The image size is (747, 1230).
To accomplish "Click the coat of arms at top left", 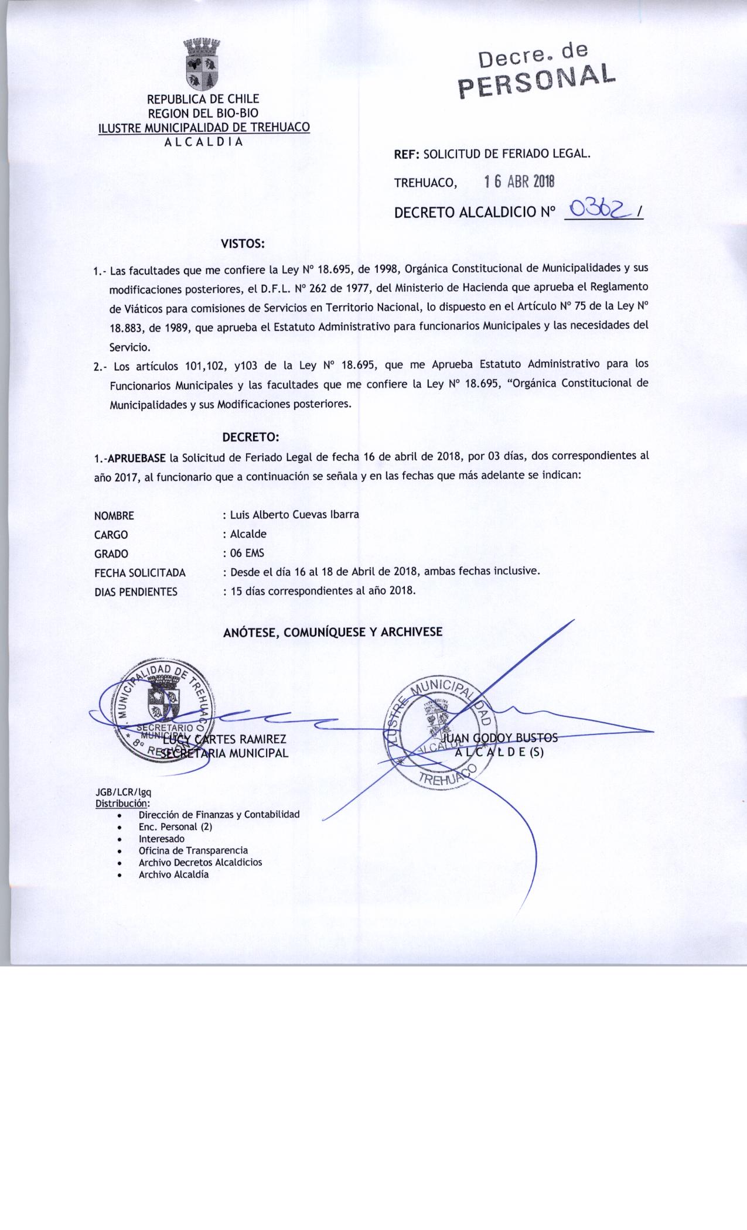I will point(203,64).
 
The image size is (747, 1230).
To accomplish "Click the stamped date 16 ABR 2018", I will point(519,182).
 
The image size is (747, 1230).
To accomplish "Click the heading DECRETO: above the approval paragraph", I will point(251,437).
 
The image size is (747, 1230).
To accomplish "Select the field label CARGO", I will point(111,535).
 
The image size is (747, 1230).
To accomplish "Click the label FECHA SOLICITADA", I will point(139,573).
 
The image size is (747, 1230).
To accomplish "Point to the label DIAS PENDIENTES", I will point(135,592).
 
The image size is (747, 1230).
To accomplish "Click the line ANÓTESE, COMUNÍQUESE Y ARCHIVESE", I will point(332,632).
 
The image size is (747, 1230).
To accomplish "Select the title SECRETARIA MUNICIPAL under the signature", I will point(225,753).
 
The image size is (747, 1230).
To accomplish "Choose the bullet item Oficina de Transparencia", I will point(193,850).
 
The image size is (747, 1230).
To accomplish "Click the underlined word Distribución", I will point(122,802).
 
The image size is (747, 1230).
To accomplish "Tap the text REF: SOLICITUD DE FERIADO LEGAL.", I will point(492,155).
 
